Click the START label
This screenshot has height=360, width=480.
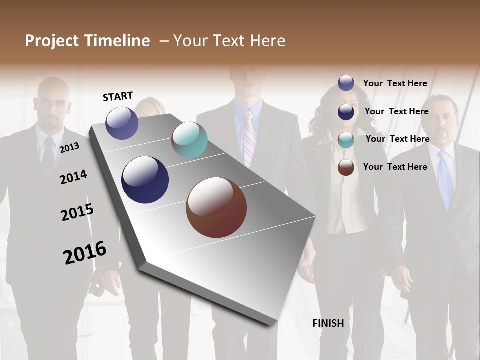[x=118, y=96]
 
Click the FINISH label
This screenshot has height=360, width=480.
[x=328, y=323]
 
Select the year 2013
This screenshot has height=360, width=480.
[x=69, y=148]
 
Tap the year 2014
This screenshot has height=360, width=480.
[x=73, y=177]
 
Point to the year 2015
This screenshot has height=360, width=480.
[x=77, y=212]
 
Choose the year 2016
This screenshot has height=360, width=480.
[x=85, y=252]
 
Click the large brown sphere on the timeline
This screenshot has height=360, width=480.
[x=216, y=207]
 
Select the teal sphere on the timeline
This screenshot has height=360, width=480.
[x=189, y=140]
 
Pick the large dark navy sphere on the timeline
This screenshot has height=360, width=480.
[x=145, y=180]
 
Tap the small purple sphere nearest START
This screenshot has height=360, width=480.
[x=122, y=123]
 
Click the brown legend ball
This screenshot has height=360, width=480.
[x=346, y=167]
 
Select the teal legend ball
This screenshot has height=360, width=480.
[x=346, y=140]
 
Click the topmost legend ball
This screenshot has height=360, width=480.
[x=346, y=83]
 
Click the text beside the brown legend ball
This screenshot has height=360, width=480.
[x=395, y=167]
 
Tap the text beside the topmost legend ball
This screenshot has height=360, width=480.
[x=395, y=83]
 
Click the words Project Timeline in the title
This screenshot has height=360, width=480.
[x=87, y=41]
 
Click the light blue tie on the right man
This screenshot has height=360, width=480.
[x=445, y=180]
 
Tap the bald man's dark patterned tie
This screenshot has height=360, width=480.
[x=48, y=156]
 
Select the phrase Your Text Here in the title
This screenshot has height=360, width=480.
[x=229, y=41]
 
